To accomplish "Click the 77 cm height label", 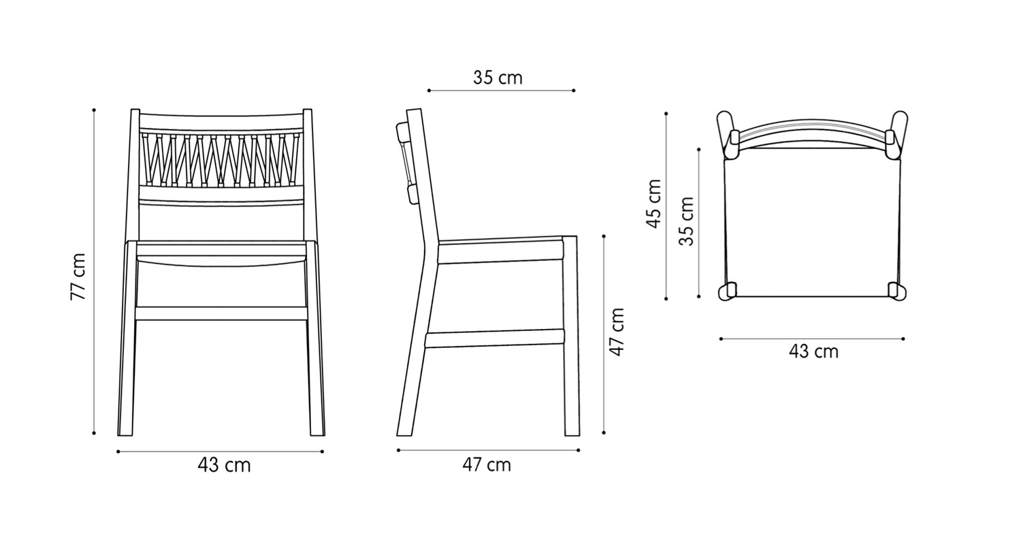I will tap(78, 276).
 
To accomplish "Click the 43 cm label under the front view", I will tap(224, 465).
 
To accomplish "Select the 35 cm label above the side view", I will tap(498, 78).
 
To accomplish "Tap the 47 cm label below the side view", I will tap(486, 465).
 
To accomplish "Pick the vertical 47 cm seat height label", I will tap(617, 332).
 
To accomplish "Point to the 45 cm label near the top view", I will tap(653, 203).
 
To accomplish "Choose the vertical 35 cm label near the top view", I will tap(687, 221).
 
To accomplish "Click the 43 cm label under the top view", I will tap(813, 351).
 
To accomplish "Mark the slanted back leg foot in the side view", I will tap(406, 422).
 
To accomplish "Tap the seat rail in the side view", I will tap(500, 253).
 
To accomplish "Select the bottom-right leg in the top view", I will tap(897, 291).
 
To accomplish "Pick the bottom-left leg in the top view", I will tap(727, 291).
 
